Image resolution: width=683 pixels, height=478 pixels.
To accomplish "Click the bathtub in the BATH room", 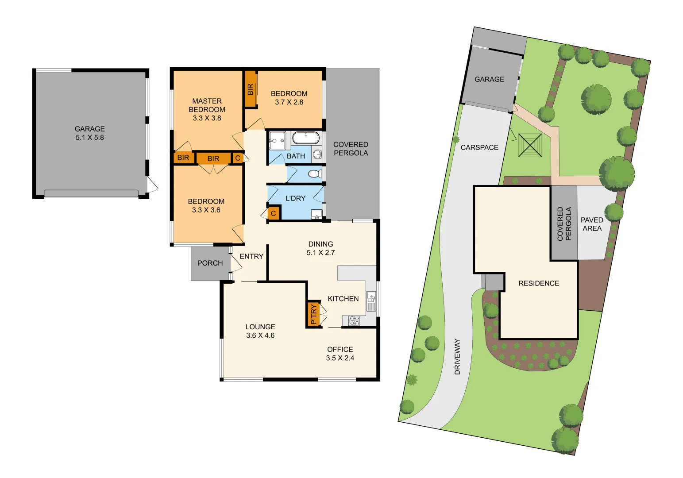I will tap(305, 138).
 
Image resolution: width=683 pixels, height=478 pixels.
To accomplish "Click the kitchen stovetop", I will tap(354, 320).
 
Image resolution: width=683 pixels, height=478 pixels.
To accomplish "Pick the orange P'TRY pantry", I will tap(313, 314).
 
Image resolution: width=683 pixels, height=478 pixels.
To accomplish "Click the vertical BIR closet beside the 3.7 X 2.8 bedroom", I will tap(251, 89).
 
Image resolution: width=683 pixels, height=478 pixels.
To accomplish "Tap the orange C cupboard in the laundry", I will tap(274, 213).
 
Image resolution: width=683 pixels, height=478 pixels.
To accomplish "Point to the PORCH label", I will tap(210, 263).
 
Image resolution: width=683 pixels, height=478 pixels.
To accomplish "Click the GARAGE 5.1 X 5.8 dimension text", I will tap(89, 138).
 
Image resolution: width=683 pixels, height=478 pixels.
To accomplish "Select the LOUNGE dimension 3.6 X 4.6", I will tap(260, 335).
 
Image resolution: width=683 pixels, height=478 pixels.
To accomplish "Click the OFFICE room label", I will tap(340, 349).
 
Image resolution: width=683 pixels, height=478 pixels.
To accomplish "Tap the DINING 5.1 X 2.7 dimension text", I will tap(320, 253).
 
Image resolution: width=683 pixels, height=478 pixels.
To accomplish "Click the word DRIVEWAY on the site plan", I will tap(457, 357).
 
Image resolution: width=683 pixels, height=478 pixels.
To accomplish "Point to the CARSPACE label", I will tap(479, 147).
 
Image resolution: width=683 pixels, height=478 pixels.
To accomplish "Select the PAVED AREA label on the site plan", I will tap(592, 224).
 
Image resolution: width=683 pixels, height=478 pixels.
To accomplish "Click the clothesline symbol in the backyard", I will tap(530, 145).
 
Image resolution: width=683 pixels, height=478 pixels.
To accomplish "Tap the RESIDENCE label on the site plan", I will tap(539, 283).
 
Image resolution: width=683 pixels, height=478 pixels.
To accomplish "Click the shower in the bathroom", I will tap(277, 141).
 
